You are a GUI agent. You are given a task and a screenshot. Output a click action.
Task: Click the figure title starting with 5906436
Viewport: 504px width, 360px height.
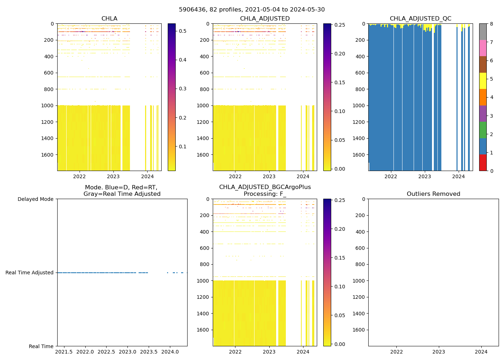[252, 10]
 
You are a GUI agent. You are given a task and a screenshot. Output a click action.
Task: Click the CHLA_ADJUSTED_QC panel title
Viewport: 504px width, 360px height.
[420, 19]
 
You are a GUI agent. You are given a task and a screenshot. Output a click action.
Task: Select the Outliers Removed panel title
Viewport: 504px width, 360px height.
[433, 194]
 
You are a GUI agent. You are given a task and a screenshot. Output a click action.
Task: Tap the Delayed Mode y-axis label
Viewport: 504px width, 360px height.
[35, 199]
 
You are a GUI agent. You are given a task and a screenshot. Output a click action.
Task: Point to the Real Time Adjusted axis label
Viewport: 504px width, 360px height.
[30, 273]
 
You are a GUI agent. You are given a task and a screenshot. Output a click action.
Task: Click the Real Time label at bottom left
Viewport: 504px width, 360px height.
[41, 346]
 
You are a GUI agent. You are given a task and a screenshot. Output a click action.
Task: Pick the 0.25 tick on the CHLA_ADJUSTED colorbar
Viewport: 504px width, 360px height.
[339, 25]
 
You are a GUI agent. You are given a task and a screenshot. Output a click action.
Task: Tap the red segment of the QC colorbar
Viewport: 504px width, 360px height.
[483, 163]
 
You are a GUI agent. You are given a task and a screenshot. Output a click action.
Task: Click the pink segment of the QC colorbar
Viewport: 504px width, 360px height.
[483, 48]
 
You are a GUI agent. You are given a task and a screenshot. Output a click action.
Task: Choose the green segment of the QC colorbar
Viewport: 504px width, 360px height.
[483, 130]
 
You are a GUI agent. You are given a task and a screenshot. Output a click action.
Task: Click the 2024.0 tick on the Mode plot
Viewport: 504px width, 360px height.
[170, 352]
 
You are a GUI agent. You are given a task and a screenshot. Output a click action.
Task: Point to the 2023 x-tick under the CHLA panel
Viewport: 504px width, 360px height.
[113, 176]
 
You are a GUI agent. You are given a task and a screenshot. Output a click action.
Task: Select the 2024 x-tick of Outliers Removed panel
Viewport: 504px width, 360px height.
[481, 352]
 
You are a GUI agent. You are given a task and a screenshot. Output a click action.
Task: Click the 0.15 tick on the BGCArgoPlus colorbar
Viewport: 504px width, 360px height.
[339, 258]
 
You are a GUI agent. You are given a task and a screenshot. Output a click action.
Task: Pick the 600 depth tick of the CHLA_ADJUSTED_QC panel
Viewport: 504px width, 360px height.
[360, 73]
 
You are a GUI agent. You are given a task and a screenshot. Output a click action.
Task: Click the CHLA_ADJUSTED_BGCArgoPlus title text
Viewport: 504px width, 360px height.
[265, 187]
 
